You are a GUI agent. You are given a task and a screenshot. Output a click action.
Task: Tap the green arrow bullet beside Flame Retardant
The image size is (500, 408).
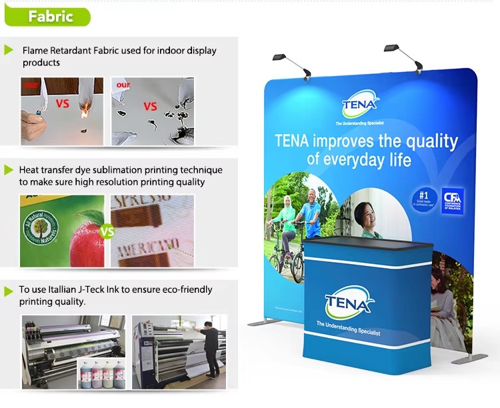(x=9, y=50)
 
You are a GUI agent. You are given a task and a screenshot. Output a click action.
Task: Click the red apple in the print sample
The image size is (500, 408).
(x=87, y=237)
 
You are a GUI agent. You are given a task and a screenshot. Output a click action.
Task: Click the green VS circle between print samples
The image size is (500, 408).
(x=107, y=232)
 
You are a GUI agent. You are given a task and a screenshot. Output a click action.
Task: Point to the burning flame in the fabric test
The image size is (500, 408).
(x=84, y=113)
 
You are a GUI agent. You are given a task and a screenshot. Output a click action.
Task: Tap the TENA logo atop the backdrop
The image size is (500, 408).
(x=361, y=106)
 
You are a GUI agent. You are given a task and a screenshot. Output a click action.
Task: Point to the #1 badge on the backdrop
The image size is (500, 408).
(x=422, y=199)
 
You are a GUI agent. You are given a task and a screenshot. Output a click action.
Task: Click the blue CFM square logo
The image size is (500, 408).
(x=452, y=201)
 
